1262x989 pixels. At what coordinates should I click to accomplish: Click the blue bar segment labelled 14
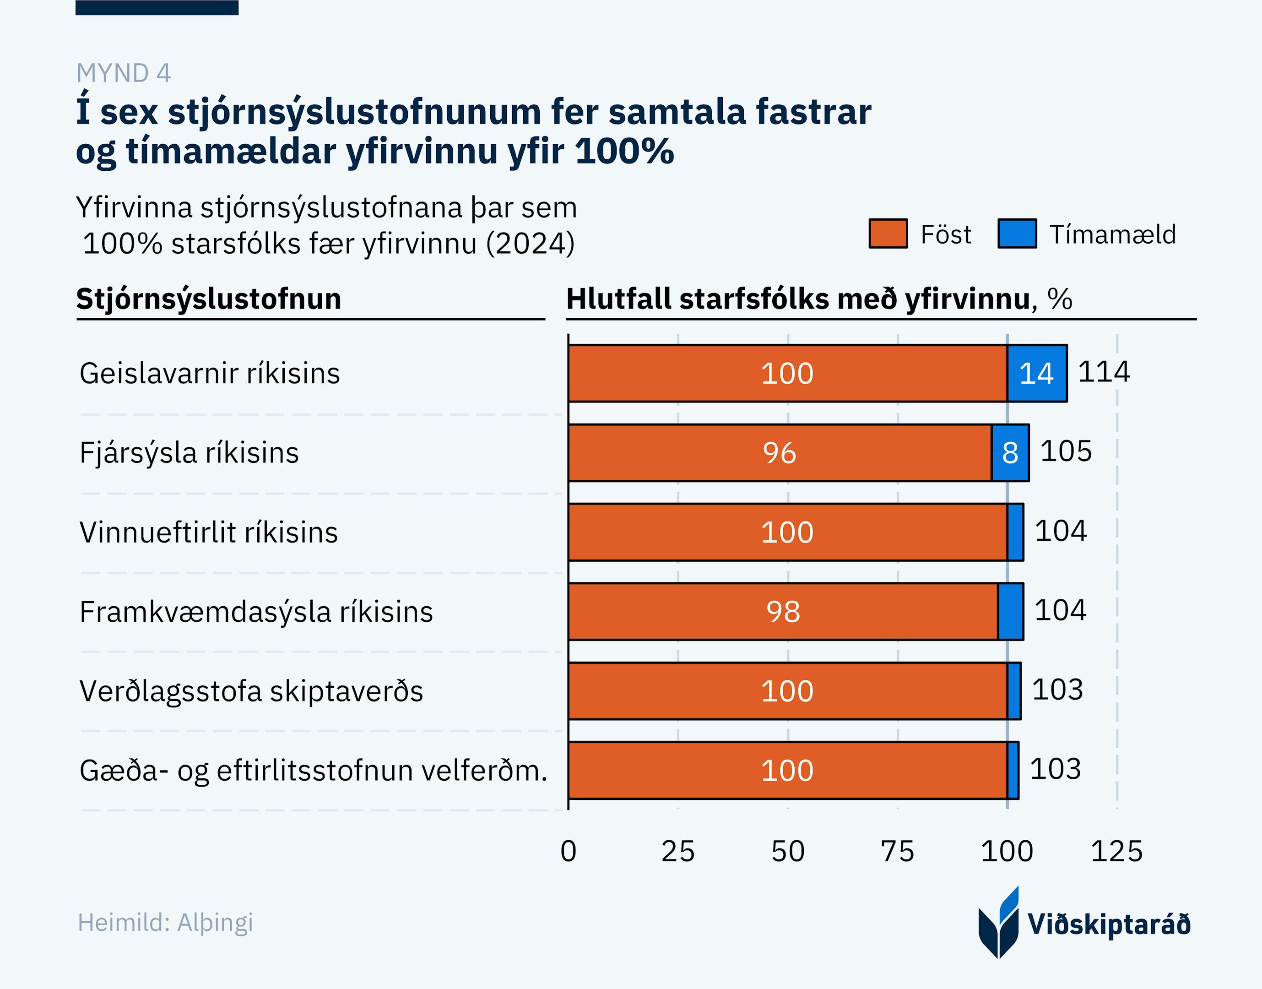point(1037,374)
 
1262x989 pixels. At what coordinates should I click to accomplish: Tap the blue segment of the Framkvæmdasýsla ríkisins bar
point(1011,611)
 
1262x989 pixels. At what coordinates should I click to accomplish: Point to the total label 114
point(1103,372)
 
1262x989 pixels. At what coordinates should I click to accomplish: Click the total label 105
point(1066,451)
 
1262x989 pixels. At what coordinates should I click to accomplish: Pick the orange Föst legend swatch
point(888,234)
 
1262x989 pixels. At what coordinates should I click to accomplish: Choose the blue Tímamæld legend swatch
point(1017,234)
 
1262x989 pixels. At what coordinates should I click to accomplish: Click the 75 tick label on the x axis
point(897,851)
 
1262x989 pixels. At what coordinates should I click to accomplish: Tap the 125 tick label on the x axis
point(1117,851)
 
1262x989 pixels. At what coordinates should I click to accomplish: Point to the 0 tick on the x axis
point(569,851)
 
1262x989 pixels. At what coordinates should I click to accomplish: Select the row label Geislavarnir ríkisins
point(210,374)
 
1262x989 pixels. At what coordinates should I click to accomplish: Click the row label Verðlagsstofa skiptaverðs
point(251,691)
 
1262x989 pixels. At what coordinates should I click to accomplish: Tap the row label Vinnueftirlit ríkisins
point(208,533)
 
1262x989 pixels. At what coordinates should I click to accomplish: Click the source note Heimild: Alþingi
point(166,923)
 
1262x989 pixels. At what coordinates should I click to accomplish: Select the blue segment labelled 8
point(1010,453)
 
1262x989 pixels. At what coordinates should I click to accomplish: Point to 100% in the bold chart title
point(625,151)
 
